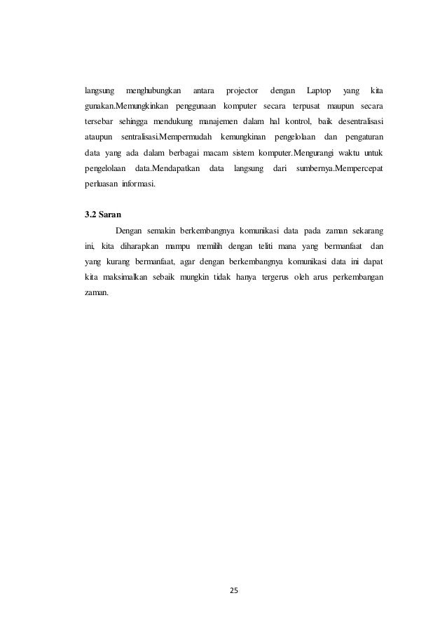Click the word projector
(x=242, y=91)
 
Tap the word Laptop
(x=319, y=91)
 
